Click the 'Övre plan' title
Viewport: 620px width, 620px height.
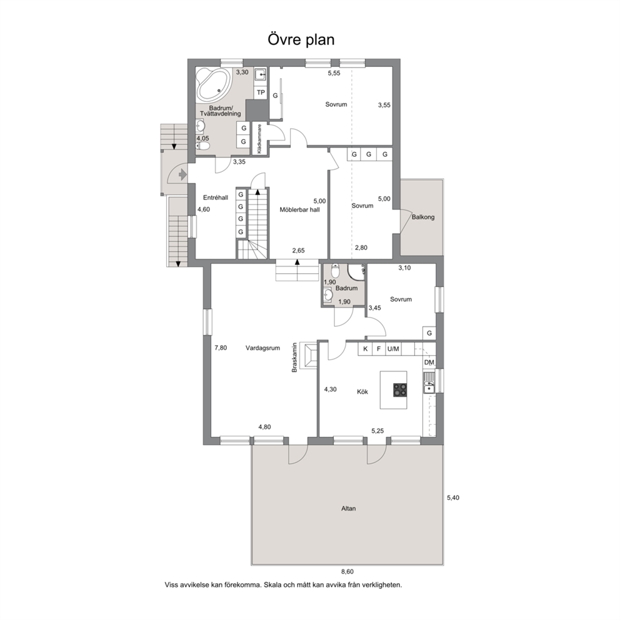coord(301,40)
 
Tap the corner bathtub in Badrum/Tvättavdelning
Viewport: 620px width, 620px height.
coord(214,84)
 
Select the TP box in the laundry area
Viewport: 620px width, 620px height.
coord(261,92)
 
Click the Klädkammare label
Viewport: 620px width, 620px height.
coord(259,138)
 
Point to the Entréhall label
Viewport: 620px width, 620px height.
coord(216,197)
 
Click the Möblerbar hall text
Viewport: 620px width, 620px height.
coord(300,209)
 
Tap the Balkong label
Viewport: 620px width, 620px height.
coord(423,217)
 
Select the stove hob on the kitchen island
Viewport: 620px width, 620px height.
coord(400,390)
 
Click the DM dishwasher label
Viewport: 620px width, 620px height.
coord(429,362)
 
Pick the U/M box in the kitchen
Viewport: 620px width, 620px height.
coord(393,349)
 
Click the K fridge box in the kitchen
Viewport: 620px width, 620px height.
coord(366,349)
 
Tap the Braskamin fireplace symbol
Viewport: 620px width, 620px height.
coord(308,355)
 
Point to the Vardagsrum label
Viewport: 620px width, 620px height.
coord(262,348)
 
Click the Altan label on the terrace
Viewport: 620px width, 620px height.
coord(348,509)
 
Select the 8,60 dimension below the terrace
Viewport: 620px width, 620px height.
coord(347,571)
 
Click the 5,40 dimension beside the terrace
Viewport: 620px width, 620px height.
coord(453,498)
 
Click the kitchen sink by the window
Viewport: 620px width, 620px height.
coord(429,382)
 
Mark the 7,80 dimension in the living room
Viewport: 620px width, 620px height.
coord(221,348)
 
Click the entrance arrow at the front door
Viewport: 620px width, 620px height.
coord(182,174)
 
